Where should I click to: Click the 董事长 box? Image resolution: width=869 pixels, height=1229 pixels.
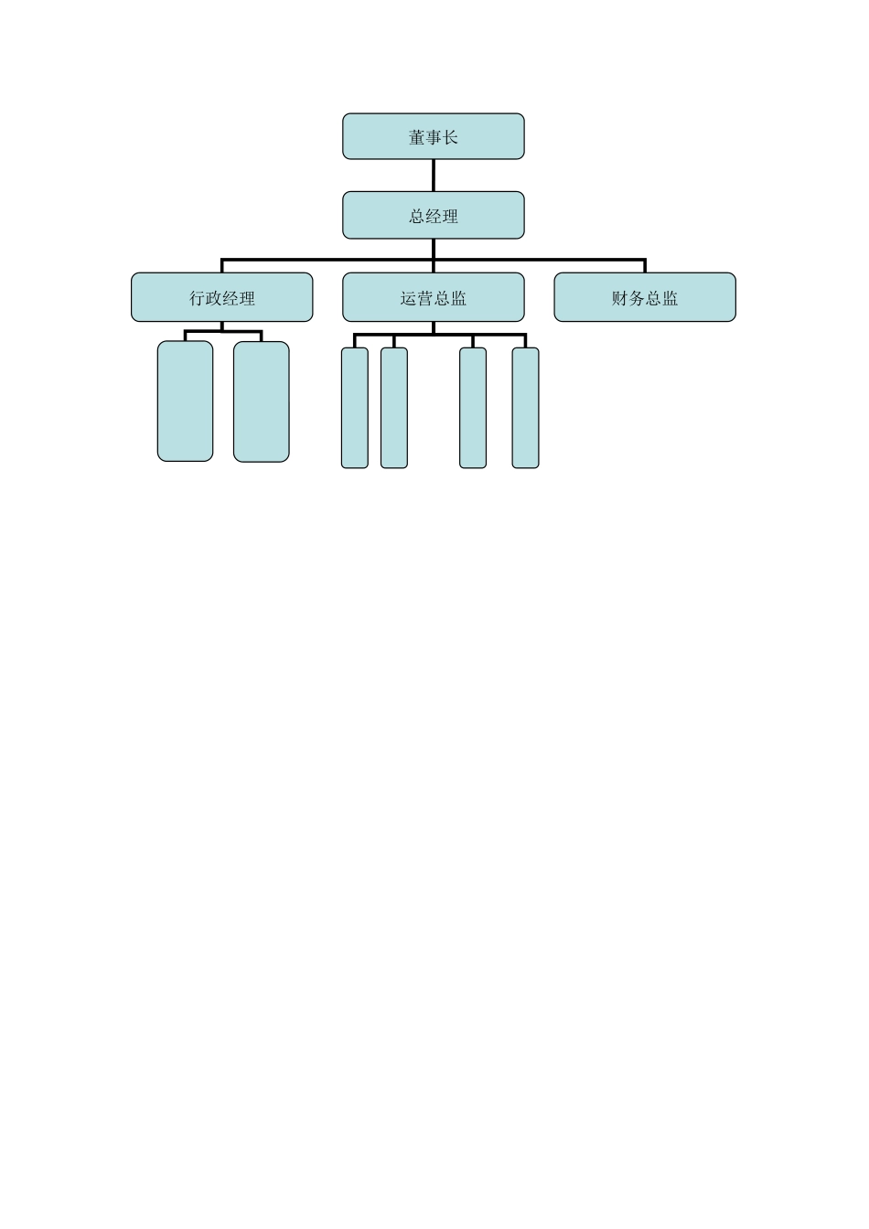coord(433,136)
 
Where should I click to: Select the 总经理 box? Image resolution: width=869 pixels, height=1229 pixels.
coord(433,215)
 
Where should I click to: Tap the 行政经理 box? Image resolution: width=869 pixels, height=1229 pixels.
coord(221,297)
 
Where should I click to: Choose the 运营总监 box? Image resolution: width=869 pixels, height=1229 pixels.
coord(433,297)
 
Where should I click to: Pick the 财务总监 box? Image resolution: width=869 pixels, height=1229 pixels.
coord(645,297)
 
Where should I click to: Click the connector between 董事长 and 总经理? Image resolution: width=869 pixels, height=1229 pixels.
coord(433,176)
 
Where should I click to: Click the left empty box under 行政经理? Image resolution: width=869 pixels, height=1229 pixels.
coord(185,401)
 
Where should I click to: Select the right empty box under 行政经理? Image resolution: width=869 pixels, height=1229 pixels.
coord(262,401)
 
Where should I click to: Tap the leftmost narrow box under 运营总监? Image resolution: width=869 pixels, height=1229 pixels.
coord(355,408)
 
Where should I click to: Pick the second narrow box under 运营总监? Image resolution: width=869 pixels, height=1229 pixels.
coord(394,408)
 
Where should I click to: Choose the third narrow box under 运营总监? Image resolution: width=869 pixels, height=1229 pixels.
coord(473,408)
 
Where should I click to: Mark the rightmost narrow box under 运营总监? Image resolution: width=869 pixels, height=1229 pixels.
coord(525,408)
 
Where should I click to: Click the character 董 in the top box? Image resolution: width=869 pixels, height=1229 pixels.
coord(416,137)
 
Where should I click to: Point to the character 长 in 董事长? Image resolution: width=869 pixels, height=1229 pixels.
coord(450,137)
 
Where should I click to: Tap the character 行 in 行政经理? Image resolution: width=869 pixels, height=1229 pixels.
coord(197,298)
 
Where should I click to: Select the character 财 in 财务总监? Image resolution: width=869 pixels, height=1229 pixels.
coord(620,298)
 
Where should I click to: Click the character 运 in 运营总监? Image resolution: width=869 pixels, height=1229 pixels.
coord(408,298)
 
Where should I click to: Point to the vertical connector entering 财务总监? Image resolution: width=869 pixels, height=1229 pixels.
coord(645,266)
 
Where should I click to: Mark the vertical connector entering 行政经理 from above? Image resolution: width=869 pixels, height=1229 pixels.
coord(221,266)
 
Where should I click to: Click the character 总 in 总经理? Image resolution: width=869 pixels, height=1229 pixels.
coord(416,216)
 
